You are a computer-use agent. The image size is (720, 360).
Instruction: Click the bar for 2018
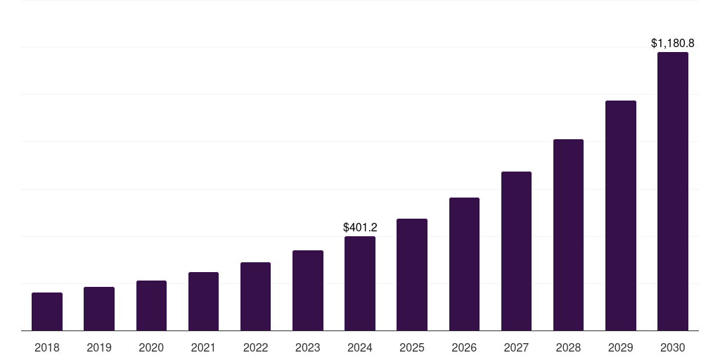pos(47,311)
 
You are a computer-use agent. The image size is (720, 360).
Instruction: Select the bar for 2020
pos(151,306)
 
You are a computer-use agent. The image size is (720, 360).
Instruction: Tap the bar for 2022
pos(255,297)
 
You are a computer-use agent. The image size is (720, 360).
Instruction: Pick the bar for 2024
pos(360,283)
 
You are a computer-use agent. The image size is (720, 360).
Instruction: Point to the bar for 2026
pos(464,264)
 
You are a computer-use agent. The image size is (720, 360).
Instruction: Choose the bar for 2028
pos(568,235)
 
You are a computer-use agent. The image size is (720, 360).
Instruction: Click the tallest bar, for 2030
pos(673,191)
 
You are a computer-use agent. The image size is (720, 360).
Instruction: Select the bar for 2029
pos(621,216)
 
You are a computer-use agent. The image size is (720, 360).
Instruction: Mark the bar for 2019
pos(99,309)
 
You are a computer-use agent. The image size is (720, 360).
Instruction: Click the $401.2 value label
pos(360,227)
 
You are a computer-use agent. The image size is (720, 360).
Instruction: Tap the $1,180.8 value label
pos(673,44)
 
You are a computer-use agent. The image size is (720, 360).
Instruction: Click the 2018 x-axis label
pos(47,347)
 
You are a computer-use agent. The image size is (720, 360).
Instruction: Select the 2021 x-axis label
pos(203,347)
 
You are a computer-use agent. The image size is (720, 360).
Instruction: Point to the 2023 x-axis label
pos(308,347)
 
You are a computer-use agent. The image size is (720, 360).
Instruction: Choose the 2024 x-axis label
pos(360,347)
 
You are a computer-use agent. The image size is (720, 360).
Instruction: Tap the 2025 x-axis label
pos(412,347)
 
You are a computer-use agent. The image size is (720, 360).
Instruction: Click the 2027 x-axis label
pos(516,347)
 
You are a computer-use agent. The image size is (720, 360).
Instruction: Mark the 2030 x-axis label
pos(673,347)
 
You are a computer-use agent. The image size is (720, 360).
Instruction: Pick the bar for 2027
pos(516,251)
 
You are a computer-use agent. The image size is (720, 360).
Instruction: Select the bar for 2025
pos(412,275)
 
